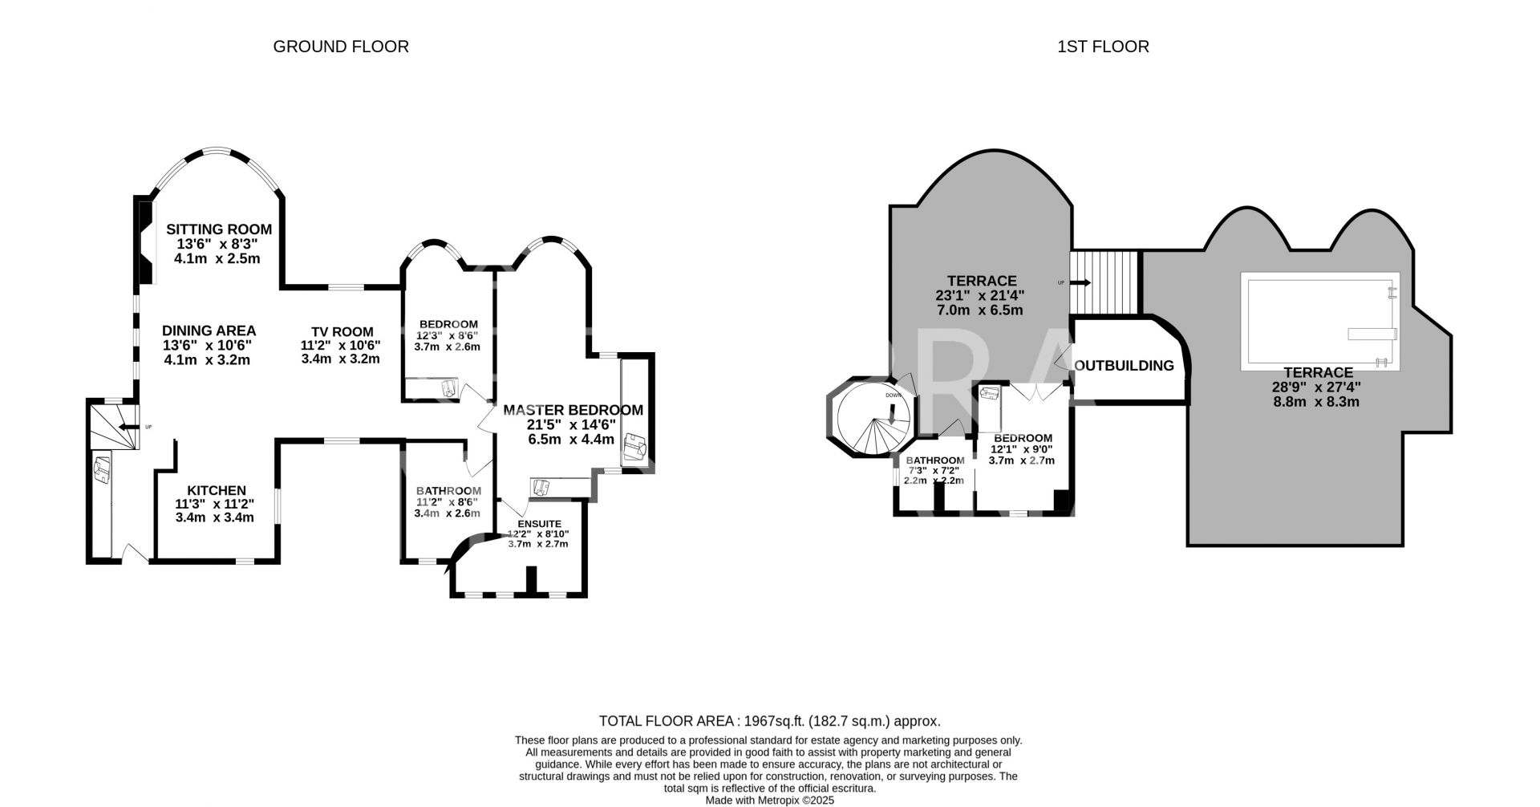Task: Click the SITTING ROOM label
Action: [x=219, y=229]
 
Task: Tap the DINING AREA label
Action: [x=209, y=331]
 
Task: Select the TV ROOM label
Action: [x=342, y=331]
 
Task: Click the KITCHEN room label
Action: [x=217, y=491]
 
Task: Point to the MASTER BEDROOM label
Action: [x=573, y=410]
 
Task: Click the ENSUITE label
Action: [x=539, y=524]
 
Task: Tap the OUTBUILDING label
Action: [x=1124, y=366]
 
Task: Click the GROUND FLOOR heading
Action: [x=341, y=47]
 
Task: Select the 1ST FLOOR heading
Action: [x=1103, y=47]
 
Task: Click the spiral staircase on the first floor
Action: [x=873, y=418]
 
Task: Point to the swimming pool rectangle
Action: [x=1320, y=321]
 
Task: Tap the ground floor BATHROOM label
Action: [x=448, y=491]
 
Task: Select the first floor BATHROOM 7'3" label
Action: [x=935, y=460]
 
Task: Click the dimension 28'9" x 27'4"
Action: [x=1317, y=387]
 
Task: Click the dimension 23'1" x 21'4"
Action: [x=980, y=295]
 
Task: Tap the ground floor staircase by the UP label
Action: [x=110, y=426]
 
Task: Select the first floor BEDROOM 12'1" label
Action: [x=1023, y=438]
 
